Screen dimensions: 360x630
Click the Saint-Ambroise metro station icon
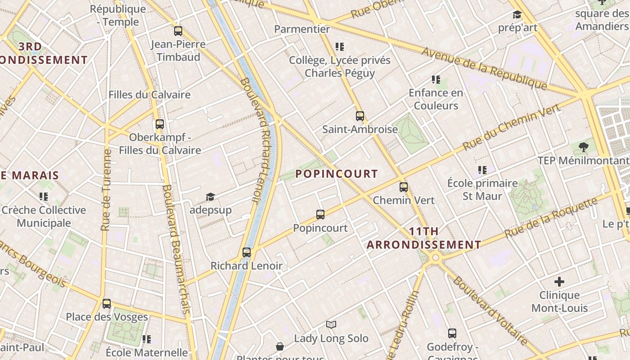(x=360, y=116)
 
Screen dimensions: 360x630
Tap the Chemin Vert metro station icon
(x=404, y=187)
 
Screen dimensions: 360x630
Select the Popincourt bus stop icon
(x=320, y=215)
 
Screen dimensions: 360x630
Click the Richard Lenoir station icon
(x=247, y=252)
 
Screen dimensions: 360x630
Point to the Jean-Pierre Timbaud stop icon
(x=178, y=31)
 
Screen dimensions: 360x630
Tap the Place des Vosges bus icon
(x=107, y=304)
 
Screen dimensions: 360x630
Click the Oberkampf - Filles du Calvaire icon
(x=160, y=124)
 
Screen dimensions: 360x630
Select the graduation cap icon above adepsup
(x=210, y=197)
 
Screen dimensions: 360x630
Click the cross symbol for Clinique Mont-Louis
(x=559, y=282)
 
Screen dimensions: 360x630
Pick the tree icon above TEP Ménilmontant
(x=584, y=147)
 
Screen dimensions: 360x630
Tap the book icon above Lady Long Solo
(x=331, y=325)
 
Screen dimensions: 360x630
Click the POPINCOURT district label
(x=337, y=174)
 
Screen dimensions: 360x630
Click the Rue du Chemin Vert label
(x=512, y=127)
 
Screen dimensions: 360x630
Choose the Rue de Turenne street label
(x=106, y=189)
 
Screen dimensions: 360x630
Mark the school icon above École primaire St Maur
(x=482, y=170)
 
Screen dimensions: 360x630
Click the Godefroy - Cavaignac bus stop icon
(x=452, y=333)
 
